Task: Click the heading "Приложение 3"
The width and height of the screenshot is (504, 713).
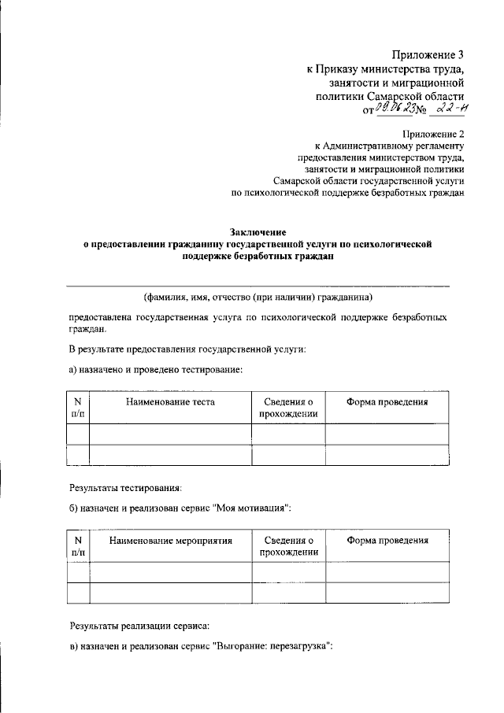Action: pyautogui.click(x=428, y=54)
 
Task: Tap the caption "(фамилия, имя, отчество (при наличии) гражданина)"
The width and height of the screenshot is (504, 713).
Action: pyautogui.click(x=258, y=297)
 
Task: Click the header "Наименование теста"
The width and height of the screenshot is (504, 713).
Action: pyautogui.click(x=169, y=402)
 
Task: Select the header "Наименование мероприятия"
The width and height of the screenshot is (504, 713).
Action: pyautogui.click(x=169, y=541)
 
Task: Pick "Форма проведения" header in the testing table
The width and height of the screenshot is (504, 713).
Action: pyautogui.click(x=387, y=402)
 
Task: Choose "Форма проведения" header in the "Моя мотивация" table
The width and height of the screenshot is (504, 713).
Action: pyautogui.click(x=387, y=541)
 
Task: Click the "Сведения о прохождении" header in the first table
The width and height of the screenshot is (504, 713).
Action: pyautogui.click(x=287, y=408)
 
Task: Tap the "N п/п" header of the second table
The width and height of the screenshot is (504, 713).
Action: pyautogui.click(x=78, y=546)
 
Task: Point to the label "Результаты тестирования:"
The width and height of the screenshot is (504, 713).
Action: pyautogui.click(x=126, y=488)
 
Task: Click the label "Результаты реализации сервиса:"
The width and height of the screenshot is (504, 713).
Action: pyautogui.click(x=139, y=626)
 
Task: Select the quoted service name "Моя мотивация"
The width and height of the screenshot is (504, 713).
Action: pyautogui.click(x=253, y=508)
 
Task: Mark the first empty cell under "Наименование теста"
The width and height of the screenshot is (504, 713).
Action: pyautogui.click(x=169, y=434)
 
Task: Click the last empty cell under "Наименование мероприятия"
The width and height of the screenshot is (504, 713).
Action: pyautogui.click(x=169, y=593)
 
